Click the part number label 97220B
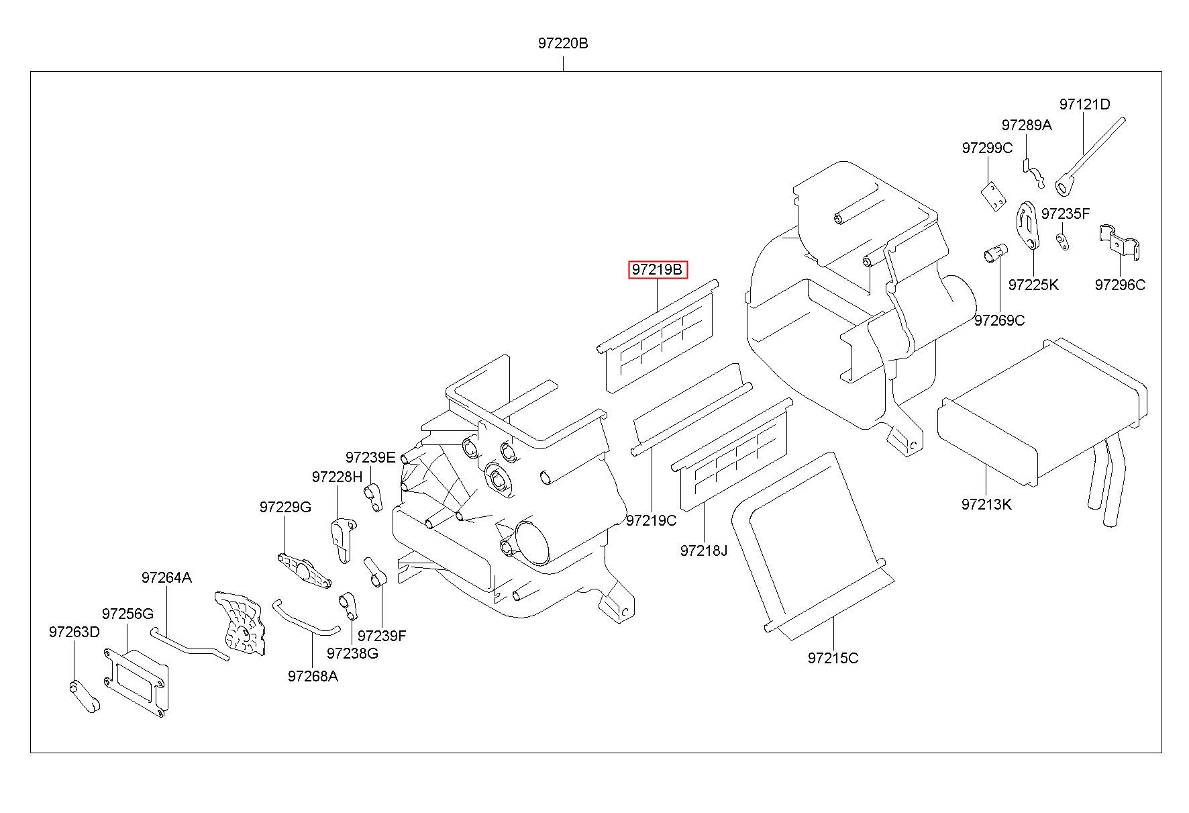pos(562,44)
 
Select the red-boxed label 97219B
pos(658,270)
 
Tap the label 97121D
pos(1084,105)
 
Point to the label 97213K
pos(986,504)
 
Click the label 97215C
pos(833,658)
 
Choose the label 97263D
pos(74,632)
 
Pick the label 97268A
pos(313,676)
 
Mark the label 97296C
pos(1120,285)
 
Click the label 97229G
pos(285,507)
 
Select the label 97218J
pos(703,551)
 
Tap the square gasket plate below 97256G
pos(134,682)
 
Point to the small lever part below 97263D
pos(85,696)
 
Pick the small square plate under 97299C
pos(992,197)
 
